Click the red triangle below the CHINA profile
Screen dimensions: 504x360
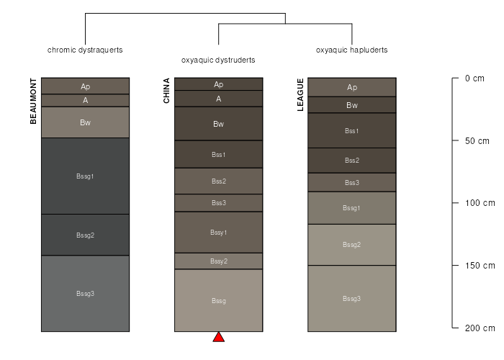tap(219, 337)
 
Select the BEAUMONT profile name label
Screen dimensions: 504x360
tap(33, 101)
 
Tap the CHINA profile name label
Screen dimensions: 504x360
tap(166, 91)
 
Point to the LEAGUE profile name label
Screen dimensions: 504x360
tap(300, 94)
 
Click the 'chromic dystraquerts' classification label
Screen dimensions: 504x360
tap(85, 50)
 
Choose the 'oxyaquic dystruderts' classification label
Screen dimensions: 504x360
tap(218, 60)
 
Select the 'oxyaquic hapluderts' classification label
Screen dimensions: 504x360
tap(351, 50)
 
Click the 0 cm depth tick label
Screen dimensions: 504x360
tap(474, 78)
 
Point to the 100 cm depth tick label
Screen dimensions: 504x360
tap(480, 203)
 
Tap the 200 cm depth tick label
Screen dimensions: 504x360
tap(480, 328)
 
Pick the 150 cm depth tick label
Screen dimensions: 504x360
tap(480, 266)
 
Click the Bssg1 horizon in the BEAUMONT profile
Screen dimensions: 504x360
tap(85, 176)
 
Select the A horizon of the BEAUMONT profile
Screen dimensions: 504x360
tap(85, 100)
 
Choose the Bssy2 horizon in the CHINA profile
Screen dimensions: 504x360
tap(219, 261)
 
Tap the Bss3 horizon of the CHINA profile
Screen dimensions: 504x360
tap(219, 203)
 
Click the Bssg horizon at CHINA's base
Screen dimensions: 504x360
tap(219, 300)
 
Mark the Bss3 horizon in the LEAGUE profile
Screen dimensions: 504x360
tap(352, 183)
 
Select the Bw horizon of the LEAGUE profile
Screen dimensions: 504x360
tap(352, 105)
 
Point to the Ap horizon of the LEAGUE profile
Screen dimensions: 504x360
tap(352, 87)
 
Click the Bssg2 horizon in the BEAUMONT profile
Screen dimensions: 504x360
tap(85, 235)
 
